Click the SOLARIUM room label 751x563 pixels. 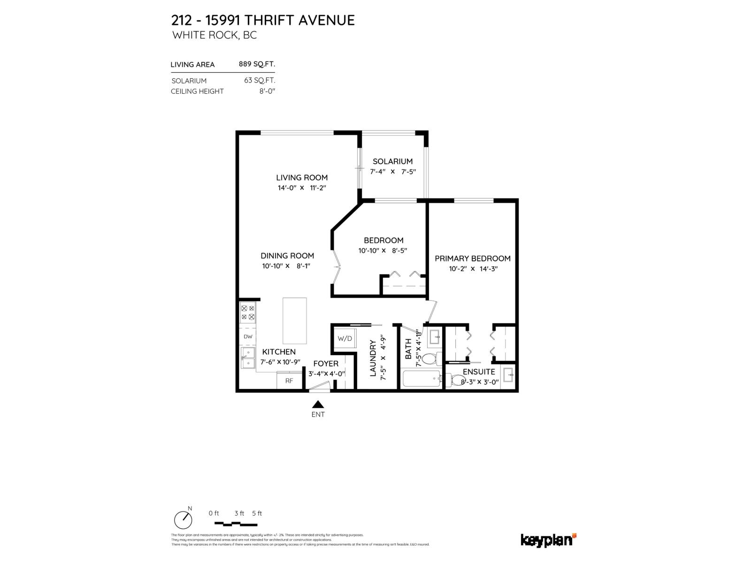tap(392, 161)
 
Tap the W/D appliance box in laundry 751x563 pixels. tap(345, 338)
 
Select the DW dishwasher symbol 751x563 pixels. tap(248, 337)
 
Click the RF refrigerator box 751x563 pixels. tap(289, 380)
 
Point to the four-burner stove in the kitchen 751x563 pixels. tap(248, 313)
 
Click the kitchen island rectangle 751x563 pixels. tap(294, 321)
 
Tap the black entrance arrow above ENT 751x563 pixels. tap(318, 404)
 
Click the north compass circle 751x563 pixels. tap(183, 520)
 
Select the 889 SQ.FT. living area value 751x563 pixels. tap(257, 64)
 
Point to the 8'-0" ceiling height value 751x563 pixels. tap(267, 91)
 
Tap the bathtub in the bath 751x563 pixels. tap(421, 379)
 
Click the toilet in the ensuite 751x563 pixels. tap(454, 379)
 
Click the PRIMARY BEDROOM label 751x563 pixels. tap(472, 259)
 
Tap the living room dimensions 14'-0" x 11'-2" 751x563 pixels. tap(301, 188)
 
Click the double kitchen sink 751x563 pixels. tap(247, 358)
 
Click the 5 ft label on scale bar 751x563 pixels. tap(257, 513)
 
